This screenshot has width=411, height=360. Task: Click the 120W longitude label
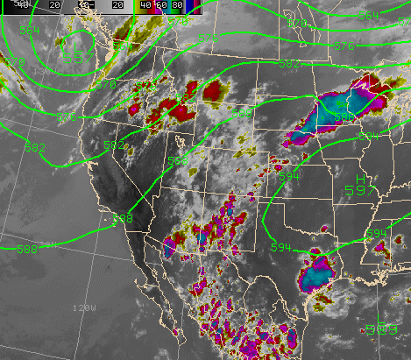pyautogui.click(x=84, y=308)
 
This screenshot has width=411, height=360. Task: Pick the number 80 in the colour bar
pyautogui.click(x=177, y=5)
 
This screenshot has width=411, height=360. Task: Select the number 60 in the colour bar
pyautogui.click(x=160, y=5)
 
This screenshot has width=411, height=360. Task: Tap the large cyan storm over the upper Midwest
pyautogui.click(x=337, y=109)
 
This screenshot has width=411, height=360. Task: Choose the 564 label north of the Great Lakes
pyautogui.click(x=369, y=16)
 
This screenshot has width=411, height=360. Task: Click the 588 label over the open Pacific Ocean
pyautogui.click(x=28, y=249)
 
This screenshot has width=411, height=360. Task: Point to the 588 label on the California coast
pyautogui.click(x=123, y=218)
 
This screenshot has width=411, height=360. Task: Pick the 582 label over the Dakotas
pyautogui.click(x=289, y=64)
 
